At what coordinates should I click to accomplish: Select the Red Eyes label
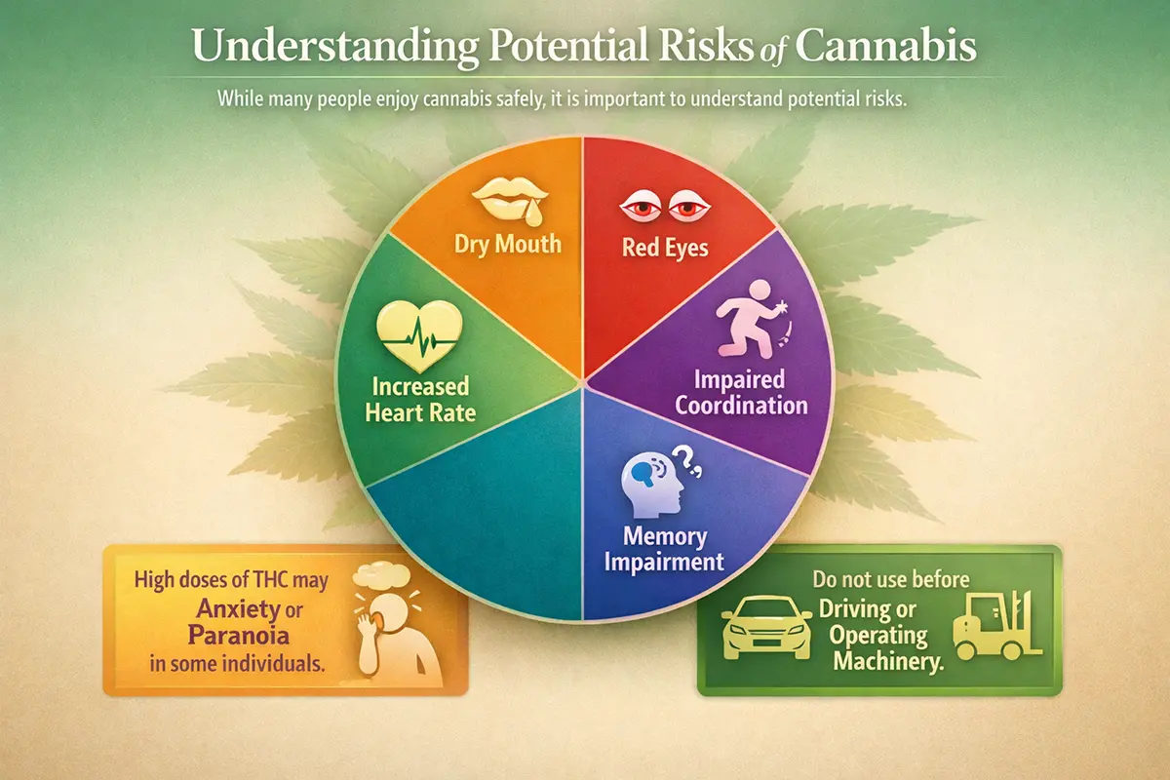click(x=665, y=248)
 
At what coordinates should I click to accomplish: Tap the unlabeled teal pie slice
click(x=478, y=517)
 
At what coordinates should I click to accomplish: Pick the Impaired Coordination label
click(x=749, y=392)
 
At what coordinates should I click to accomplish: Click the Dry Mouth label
click(x=507, y=243)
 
